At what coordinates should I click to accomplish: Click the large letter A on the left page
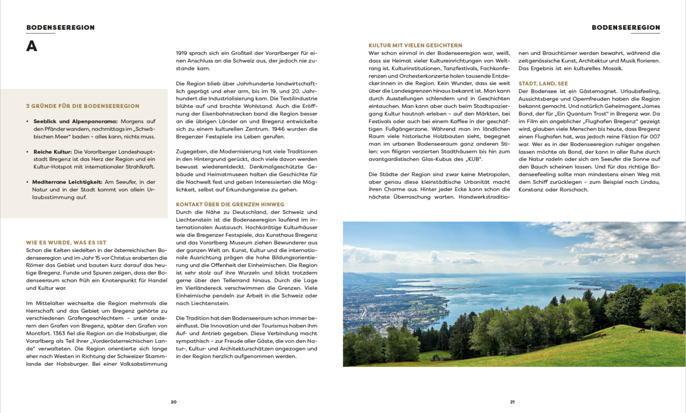pyautogui.click(x=32, y=47)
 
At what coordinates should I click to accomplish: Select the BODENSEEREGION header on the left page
pyautogui.click(x=60, y=27)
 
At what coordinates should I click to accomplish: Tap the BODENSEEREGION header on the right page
pyautogui.click(x=625, y=27)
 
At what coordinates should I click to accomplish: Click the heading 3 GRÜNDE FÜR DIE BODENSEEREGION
pyautogui.click(x=82, y=106)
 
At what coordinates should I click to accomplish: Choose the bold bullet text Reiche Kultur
pyautogui.click(x=52, y=152)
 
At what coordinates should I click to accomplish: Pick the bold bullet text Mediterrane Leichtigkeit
pyautogui.click(x=68, y=182)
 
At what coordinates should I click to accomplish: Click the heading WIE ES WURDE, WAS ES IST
pyautogui.click(x=66, y=242)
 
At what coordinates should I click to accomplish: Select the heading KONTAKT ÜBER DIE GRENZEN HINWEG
pyautogui.click(x=230, y=204)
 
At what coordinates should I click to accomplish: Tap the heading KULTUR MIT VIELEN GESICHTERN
pyautogui.click(x=415, y=45)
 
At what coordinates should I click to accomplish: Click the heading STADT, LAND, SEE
pyautogui.click(x=542, y=83)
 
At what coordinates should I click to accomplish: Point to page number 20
pyautogui.click(x=173, y=401)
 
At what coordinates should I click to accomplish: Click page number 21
pyautogui.click(x=512, y=401)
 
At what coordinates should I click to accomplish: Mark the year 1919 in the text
pyautogui.click(x=183, y=53)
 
